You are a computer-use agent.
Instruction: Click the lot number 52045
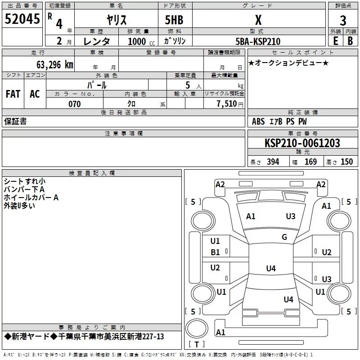[22, 19]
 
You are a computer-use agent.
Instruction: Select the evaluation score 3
[343, 20]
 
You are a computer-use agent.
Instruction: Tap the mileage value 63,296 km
[50, 64]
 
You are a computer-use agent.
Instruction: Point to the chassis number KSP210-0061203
[302, 143]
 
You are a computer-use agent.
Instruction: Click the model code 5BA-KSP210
[258, 41]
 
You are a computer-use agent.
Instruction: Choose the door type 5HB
[174, 20]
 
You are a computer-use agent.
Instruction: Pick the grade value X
[258, 20]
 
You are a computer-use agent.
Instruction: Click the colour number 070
[74, 104]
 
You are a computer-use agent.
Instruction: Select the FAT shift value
[13, 94]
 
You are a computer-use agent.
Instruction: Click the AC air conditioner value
[35, 94]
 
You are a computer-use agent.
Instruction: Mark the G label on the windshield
[284, 237]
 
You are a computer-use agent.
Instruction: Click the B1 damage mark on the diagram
[216, 252]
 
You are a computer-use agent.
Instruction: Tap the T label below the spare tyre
[196, 345]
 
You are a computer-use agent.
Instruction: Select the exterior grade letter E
[335, 41]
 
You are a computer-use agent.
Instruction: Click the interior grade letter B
[351, 41]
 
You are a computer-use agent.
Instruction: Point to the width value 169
[310, 162]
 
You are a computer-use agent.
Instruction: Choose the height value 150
[346, 162]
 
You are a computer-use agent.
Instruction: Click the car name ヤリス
[116, 20]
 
